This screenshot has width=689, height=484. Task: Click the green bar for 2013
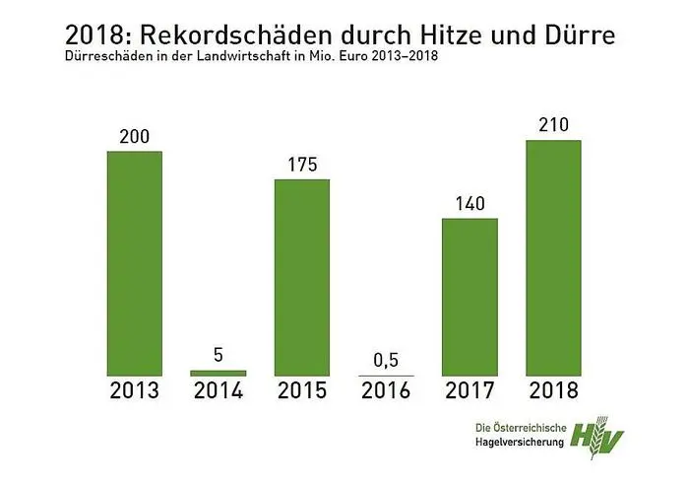click(x=134, y=263)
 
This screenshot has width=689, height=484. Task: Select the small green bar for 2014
click(x=219, y=373)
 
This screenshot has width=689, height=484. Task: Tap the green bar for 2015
click(x=302, y=277)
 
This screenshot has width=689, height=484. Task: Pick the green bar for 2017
click(x=470, y=297)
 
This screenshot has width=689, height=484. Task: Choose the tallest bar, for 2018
click(x=554, y=257)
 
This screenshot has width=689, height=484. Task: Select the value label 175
click(x=302, y=165)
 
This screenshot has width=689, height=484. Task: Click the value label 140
click(x=470, y=204)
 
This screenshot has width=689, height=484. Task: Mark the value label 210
click(x=554, y=125)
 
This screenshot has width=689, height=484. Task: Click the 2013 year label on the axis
click(x=134, y=391)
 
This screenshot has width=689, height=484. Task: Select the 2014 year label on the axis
click(x=219, y=391)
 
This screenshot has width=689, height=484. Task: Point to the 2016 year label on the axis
click(x=386, y=391)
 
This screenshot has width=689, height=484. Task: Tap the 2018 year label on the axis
click(x=554, y=391)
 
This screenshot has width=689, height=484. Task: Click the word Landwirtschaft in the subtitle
click(x=241, y=58)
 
